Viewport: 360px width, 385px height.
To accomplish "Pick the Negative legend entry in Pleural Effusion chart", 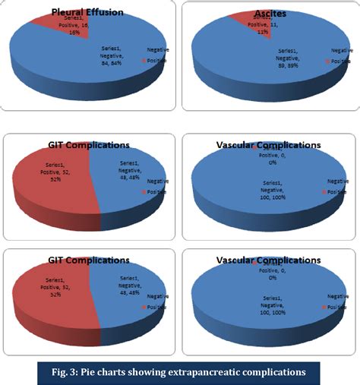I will tap(157, 50).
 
